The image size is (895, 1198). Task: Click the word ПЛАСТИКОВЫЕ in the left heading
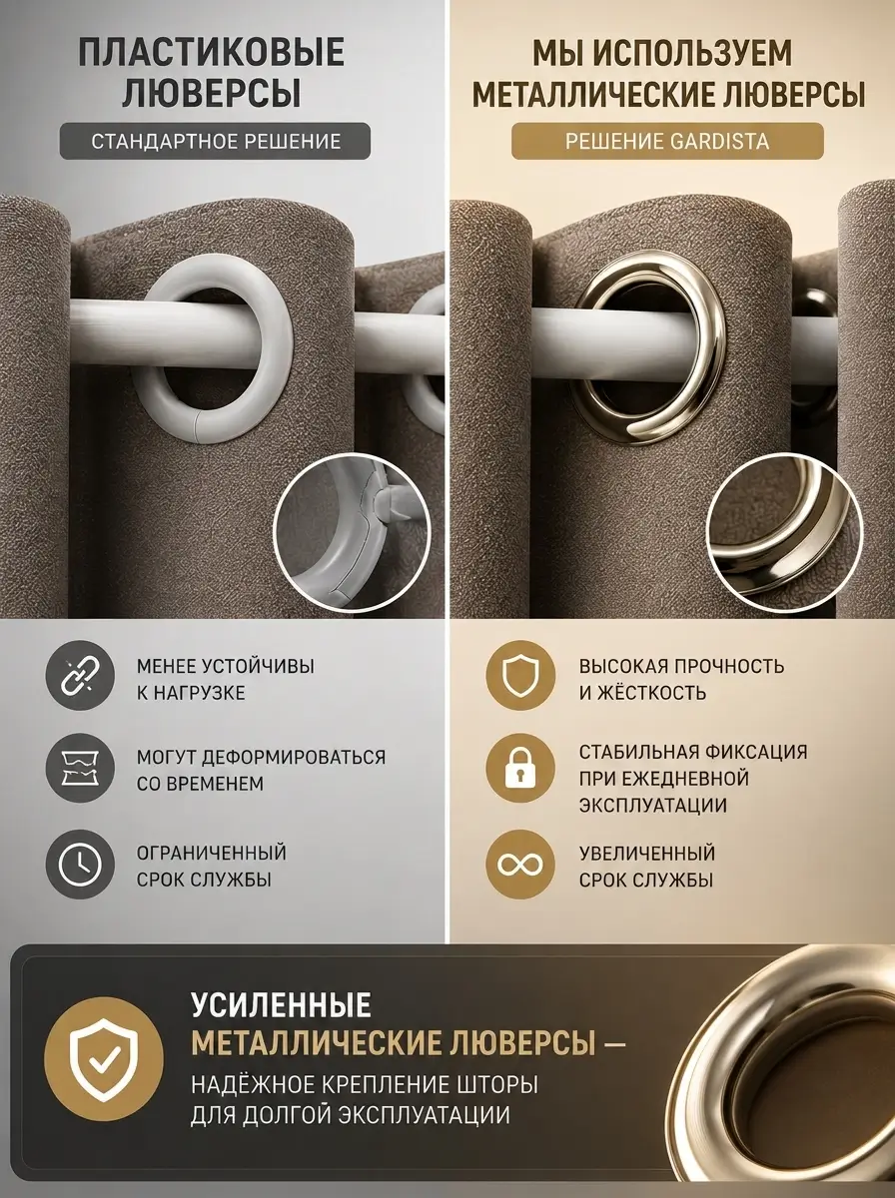[x=212, y=52]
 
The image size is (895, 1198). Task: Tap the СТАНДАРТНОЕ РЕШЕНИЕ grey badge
[x=215, y=142]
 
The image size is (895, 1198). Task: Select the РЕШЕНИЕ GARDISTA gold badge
[x=667, y=142]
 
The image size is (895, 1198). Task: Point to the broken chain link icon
[x=80, y=675]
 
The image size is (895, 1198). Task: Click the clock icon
[x=80, y=865]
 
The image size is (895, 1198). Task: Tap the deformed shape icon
[x=80, y=768]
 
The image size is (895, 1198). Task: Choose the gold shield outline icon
[x=520, y=675]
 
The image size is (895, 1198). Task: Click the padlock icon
[x=520, y=768]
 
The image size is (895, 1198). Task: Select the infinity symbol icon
[x=520, y=865]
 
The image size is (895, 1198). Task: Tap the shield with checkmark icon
[x=104, y=1059]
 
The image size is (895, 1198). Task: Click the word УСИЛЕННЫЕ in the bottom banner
[x=282, y=1003]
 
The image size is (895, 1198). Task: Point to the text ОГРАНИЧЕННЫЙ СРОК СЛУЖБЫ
[x=212, y=867]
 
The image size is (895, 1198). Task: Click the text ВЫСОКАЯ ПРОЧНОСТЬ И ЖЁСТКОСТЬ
[x=682, y=680]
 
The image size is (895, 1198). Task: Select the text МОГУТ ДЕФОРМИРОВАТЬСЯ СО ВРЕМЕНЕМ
[x=261, y=770]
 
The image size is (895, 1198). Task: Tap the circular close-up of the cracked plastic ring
[x=352, y=533]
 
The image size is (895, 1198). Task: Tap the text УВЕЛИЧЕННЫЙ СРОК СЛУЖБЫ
[x=647, y=867]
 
